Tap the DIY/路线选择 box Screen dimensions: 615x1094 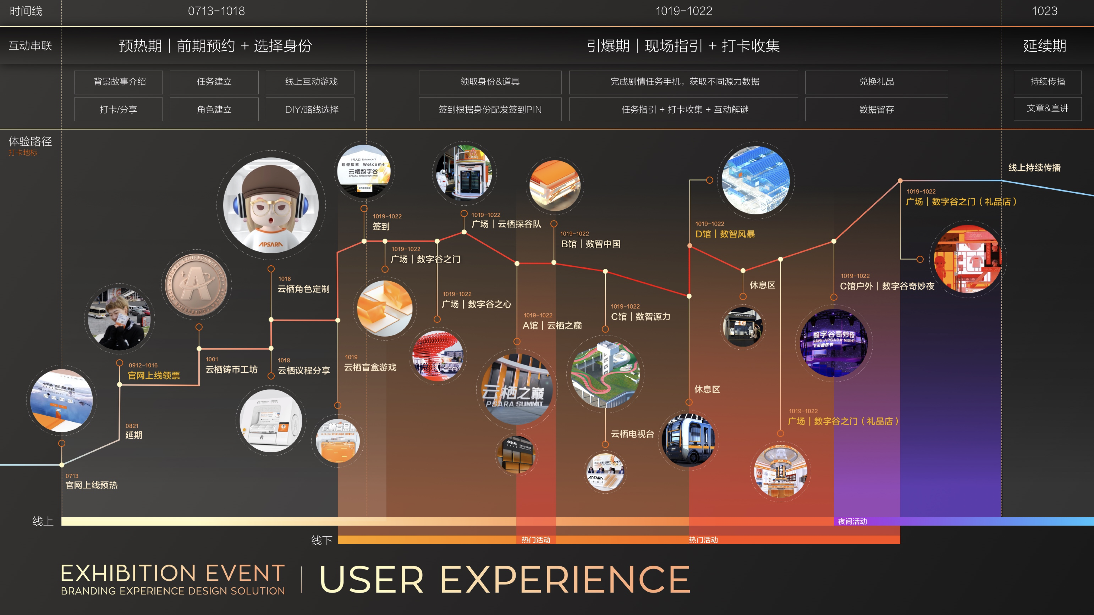click(x=311, y=110)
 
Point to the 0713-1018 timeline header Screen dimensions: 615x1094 click(x=216, y=11)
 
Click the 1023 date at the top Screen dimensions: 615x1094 click(x=1044, y=11)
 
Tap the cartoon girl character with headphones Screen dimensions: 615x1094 click(x=271, y=205)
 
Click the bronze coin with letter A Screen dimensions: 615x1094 click(x=196, y=284)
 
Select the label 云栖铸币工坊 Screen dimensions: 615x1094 click(x=231, y=369)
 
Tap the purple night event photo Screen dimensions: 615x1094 click(x=833, y=343)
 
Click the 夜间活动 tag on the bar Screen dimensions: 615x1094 click(x=852, y=521)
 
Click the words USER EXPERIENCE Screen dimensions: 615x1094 click(x=505, y=579)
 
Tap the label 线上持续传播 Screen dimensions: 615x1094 click(x=1034, y=168)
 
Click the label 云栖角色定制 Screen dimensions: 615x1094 click(x=303, y=289)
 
